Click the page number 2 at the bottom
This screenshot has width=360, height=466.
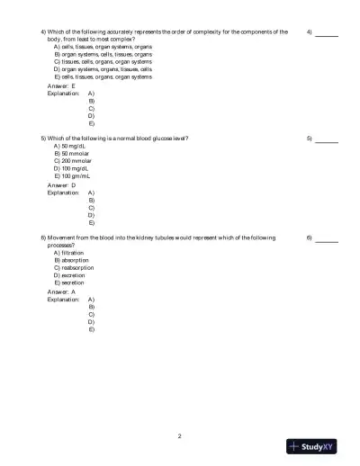[180, 436]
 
